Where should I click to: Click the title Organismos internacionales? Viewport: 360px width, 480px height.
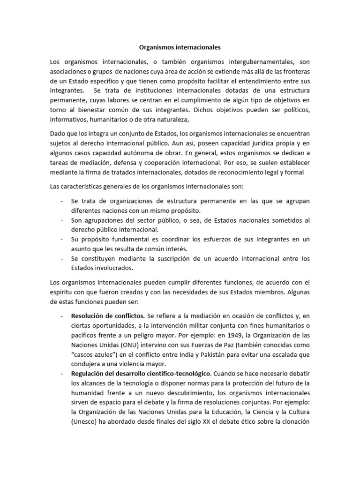(180, 47)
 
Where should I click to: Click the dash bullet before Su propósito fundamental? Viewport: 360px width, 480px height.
(62, 239)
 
